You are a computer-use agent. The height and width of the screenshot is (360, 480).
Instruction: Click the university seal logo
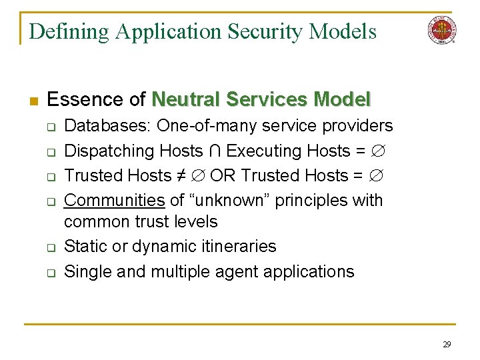[442, 30]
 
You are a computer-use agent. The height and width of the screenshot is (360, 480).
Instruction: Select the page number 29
[447, 344]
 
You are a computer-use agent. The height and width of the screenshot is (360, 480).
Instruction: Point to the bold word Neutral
[186, 100]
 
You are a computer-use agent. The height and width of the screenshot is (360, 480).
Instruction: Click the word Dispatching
[109, 151]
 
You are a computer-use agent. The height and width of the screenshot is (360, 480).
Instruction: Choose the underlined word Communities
[115, 201]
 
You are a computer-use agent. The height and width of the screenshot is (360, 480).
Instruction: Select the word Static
[85, 246]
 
